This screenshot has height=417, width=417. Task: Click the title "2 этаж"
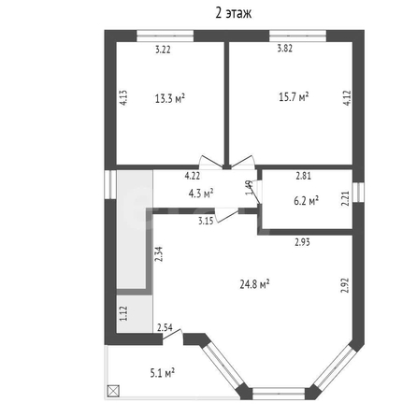(233, 13)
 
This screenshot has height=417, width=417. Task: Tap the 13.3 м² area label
(170, 98)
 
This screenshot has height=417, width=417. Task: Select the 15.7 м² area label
(294, 96)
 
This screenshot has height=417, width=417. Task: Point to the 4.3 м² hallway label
(201, 194)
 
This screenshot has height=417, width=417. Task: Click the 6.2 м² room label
(306, 201)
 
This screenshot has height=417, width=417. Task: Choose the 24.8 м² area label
(254, 284)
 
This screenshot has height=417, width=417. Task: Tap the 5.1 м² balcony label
(163, 373)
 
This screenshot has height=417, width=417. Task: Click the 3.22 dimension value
(163, 50)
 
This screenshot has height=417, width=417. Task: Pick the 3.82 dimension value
(285, 49)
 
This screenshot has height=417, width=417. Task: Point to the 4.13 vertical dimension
(123, 97)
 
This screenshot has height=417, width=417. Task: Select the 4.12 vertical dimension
(348, 97)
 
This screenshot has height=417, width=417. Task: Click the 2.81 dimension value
(303, 176)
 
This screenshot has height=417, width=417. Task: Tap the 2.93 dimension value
(302, 242)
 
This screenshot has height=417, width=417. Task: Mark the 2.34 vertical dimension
(159, 253)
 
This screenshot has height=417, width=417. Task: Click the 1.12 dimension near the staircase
(123, 313)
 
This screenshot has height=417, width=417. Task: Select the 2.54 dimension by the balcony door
(165, 327)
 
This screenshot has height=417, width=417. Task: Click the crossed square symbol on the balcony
(113, 391)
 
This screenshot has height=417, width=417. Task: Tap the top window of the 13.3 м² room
(165, 36)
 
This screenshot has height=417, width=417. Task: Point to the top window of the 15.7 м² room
(297, 36)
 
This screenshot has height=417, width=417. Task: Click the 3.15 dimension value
(206, 221)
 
